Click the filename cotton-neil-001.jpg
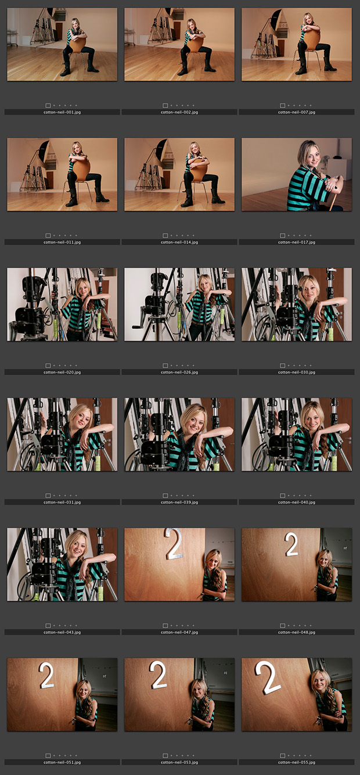(62, 112)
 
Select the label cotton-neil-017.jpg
(297, 242)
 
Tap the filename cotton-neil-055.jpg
(297, 762)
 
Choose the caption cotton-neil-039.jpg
(179, 502)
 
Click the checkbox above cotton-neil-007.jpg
(283, 106)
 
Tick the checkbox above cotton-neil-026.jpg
(165, 365)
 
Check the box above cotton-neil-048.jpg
(283, 626)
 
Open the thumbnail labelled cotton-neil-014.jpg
(179, 174)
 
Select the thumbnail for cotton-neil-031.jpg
(62, 434)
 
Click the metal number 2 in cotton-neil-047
(174, 544)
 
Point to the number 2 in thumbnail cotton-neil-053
(158, 674)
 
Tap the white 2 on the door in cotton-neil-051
(46, 675)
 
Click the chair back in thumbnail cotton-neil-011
(81, 169)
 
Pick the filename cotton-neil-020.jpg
(62, 372)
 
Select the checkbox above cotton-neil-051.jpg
(48, 756)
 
